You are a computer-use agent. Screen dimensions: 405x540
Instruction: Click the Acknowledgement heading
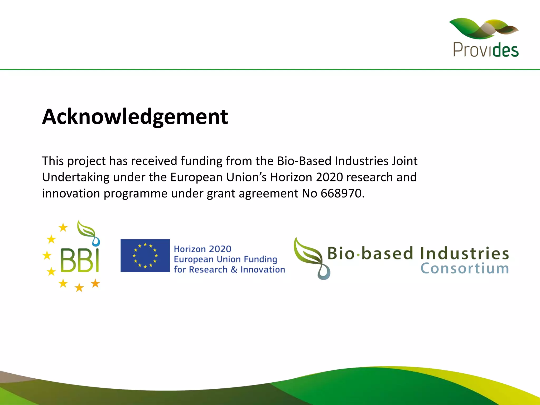135,117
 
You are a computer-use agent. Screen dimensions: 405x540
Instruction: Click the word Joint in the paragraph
405,161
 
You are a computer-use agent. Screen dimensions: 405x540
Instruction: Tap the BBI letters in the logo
80,261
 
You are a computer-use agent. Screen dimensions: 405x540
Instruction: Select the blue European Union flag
145,255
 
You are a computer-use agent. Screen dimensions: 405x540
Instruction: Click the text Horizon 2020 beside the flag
202,249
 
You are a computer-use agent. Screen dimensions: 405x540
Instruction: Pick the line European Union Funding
225,259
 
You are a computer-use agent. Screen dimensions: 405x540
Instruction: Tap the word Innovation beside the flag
263,269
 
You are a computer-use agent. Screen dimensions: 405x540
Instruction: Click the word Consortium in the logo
464,269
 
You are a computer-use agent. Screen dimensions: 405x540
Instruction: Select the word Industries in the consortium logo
464,253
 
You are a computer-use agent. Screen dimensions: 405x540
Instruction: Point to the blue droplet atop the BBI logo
96,241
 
